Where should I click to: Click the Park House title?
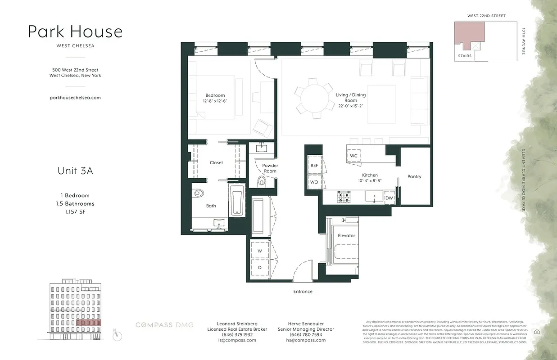tap(75, 31)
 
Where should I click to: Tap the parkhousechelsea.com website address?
tap(75, 97)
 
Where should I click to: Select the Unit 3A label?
tap(75, 171)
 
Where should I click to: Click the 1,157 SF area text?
tap(75, 211)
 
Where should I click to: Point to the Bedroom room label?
tap(215, 95)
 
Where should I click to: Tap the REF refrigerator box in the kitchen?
tap(314, 166)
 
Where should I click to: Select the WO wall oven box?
tap(314, 182)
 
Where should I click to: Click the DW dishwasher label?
tap(389, 198)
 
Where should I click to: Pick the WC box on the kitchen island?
tap(353, 156)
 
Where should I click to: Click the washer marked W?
tap(260, 251)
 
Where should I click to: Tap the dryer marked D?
tap(260, 267)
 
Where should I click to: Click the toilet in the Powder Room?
tap(262, 181)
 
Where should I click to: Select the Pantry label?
tap(414, 176)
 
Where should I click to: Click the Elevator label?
tap(346, 235)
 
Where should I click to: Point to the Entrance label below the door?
tap(303, 292)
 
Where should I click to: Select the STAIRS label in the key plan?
tap(465, 56)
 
